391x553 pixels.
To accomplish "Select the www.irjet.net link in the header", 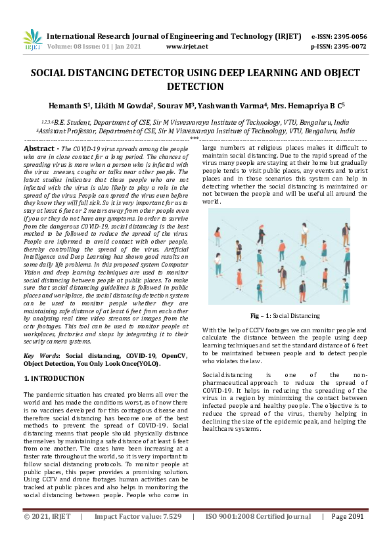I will click(187, 47).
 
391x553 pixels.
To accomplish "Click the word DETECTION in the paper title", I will click(195, 86).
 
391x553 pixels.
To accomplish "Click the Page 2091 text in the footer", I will click(347, 535).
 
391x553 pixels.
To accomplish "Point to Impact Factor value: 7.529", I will click(138, 535).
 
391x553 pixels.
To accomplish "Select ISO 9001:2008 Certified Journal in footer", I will click(258, 535).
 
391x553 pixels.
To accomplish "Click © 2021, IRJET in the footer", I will click(47, 535).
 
